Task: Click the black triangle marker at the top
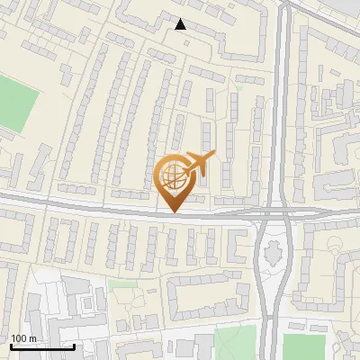coord(182,25)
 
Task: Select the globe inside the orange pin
coord(172,175)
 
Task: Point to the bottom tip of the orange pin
coord(172,211)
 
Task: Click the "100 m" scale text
coord(23,339)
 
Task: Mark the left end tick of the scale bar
coord(11,346)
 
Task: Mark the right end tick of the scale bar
coord(74,346)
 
